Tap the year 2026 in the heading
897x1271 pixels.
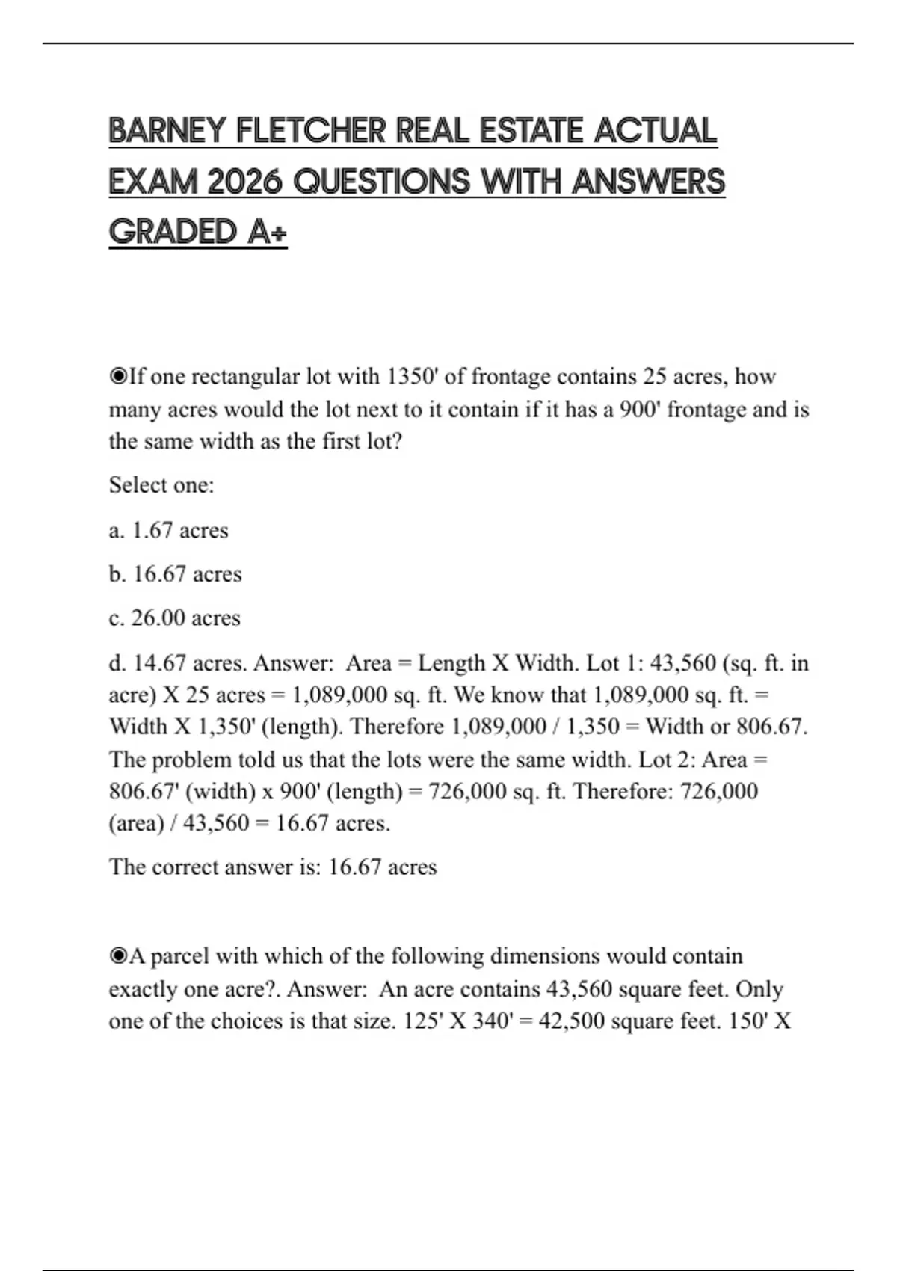coord(244,182)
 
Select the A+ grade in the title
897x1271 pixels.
coord(267,232)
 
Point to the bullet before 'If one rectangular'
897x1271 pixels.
coord(118,376)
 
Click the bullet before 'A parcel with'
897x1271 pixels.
coord(118,956)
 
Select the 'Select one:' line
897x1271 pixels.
coord(161,485)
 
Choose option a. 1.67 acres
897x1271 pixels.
coord(168,530)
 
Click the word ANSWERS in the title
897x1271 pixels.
coord(648,182)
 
